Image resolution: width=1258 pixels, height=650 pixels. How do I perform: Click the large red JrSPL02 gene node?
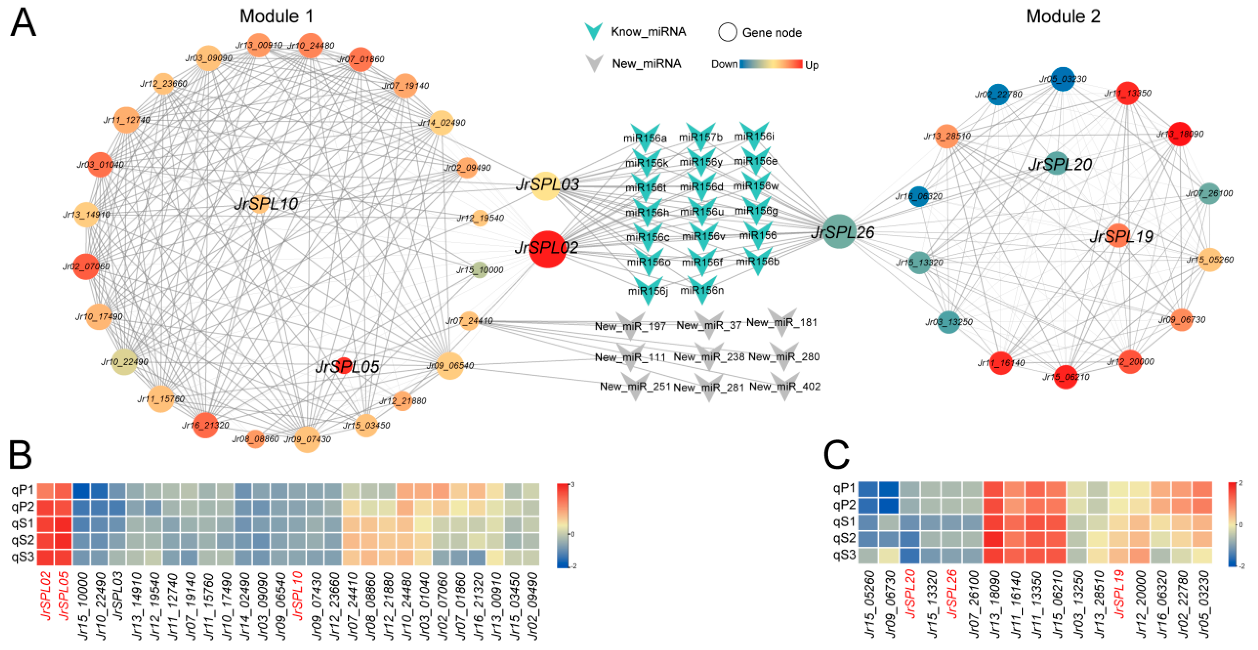547,249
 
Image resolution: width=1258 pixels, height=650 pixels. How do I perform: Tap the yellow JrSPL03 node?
545,186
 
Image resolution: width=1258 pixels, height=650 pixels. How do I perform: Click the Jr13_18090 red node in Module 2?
1179,134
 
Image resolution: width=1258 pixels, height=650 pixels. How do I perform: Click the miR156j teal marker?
647,290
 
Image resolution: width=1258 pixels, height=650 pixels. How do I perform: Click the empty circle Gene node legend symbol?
727,32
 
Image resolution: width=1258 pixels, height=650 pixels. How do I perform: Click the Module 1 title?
276,16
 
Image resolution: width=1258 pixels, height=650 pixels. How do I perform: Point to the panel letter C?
836,455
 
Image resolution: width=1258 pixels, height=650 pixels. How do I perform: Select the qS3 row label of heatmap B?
22,557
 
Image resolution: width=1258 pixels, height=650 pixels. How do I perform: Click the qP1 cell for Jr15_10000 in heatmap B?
81,491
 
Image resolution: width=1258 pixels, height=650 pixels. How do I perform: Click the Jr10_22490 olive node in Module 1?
124,362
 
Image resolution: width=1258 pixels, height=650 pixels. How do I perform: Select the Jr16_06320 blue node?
919,196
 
